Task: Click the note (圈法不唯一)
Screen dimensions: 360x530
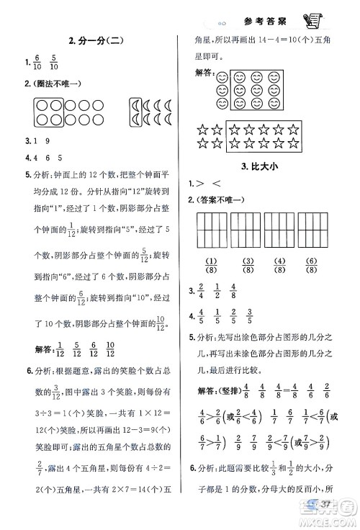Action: click(54, 84)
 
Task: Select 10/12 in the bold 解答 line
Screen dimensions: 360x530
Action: click(109, 349)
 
